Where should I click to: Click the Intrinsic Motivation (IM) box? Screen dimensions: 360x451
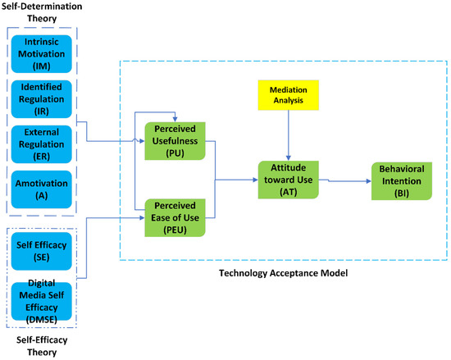point(41,55)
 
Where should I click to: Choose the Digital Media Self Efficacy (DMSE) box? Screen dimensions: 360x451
point(41,291)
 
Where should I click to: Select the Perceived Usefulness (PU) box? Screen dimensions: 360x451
point(174,140)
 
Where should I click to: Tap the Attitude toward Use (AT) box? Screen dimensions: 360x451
point(287,175)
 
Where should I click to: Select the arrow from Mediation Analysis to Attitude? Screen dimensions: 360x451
point(287,135)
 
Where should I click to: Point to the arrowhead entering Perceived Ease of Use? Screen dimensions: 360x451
point(141,217)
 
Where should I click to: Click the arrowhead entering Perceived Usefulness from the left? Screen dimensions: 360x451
point(141,141)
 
